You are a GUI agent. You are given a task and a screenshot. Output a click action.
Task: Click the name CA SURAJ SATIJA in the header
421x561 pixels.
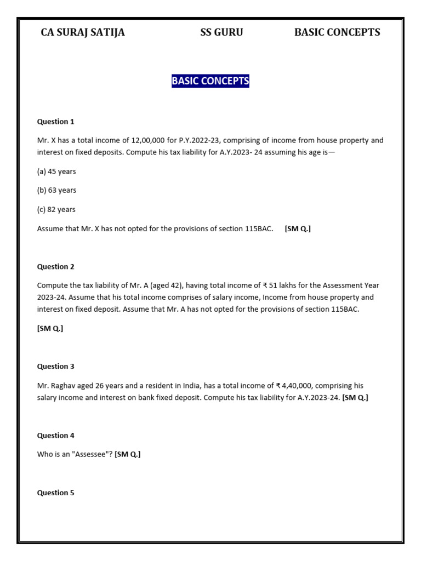pyautogui.click(x=83, y=32)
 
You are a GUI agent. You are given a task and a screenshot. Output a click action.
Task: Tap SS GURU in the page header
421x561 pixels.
pyautogui.click(x=221, y=32)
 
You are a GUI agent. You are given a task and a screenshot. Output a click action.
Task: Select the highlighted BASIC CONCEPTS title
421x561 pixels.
pyautogui.click(x=210, y=81)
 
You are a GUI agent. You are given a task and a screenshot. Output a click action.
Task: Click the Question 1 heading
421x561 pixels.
pyautogui.click(x=55, y=122)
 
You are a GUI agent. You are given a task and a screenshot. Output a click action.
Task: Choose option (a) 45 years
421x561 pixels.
pyautogui.click(x=56, y=171)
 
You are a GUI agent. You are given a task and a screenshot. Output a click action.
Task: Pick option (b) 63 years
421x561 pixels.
pyautogui.click(x=56, y=190)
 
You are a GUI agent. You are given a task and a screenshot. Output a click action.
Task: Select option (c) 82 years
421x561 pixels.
pyautogui.click(x=56, y=209)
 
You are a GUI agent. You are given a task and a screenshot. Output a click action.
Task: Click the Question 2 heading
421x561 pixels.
pyautogui.click(x=55, y=267)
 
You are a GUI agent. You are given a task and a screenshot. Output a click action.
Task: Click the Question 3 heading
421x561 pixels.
pyautogui.click(x=55, y=367)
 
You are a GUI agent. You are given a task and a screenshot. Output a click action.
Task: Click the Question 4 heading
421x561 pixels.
pyautogui.click(x=55, y=436)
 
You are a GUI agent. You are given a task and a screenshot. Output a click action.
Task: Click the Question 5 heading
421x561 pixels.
pyautogui.click(x=55, y=493)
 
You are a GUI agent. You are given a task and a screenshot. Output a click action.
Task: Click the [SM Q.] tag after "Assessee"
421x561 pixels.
pyautogui.click(x=128, y=454)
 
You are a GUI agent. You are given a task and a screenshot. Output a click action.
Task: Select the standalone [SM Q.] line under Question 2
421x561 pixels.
pyautogui.click(x=50, y=328)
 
